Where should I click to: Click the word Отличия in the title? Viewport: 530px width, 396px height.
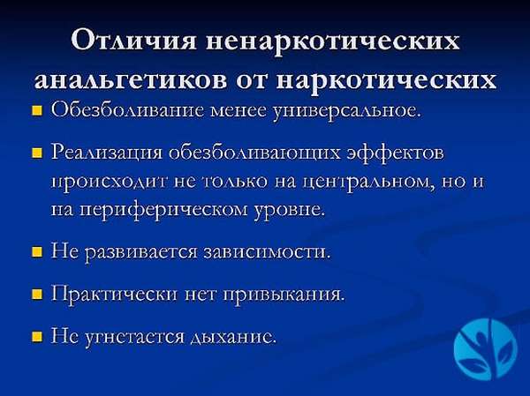(134, 41)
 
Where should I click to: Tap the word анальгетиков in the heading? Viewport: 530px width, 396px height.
(131, 79)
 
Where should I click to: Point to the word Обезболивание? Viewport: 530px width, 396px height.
(127, 110)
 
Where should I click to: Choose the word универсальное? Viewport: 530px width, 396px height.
(347, 111)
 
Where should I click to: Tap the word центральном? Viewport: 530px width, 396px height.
(367, 183)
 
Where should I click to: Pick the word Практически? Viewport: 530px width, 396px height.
(114, 295)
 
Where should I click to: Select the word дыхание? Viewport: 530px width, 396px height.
(233, 337)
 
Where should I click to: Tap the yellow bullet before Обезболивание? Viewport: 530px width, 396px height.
(37, 111)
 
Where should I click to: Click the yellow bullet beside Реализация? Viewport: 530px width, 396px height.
(37, 154)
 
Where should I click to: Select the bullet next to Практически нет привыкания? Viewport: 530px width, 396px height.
(37, 295)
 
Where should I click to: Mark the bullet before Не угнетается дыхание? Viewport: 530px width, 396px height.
(37, 337)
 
